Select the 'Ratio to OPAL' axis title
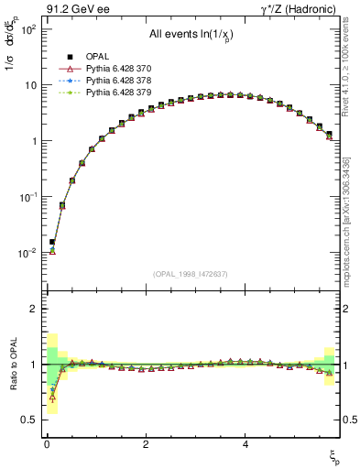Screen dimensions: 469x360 point(13,365)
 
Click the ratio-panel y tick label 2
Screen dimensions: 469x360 point(31,310)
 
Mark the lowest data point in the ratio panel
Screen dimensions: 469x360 point(52,398)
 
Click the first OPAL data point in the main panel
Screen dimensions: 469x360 point(52,242)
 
